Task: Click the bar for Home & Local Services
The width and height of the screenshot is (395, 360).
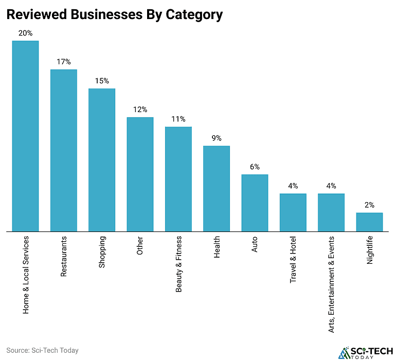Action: click(x=25, y=136)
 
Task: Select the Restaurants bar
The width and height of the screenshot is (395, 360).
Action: click(x=63, y=151)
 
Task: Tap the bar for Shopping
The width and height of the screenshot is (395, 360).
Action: click(x=102, y=160)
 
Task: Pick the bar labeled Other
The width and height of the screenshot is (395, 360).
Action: click(x=140, y=174)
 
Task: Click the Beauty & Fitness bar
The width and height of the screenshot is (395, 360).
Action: click(x=178, y=179)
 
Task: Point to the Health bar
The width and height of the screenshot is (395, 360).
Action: click(x=217, y=189)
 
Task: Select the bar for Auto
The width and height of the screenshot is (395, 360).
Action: click(x=255, y=203)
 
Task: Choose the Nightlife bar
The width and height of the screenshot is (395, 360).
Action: click(x=369, y=222)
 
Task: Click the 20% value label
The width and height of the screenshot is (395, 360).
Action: click(x=25, y=33)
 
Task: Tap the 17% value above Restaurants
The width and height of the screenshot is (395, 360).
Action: click(x=63, y=62)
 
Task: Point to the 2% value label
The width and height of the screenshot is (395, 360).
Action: click(x=369, y=205)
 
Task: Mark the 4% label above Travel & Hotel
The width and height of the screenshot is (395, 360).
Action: click(x=293, y=186)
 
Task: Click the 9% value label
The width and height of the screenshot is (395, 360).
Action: click(x=217, y=138)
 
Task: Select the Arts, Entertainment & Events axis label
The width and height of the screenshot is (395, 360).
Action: click(x=331, y=291)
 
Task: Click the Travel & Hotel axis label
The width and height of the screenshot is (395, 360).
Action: click(x=293, y=260)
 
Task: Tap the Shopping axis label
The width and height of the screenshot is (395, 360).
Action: click(x=102, y=252)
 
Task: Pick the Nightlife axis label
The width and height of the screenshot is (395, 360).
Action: click(x=369, y=250)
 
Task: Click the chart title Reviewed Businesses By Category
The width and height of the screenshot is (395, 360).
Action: click(x=114, y=14)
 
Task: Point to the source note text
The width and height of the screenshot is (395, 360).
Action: click(x=43, y=350)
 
